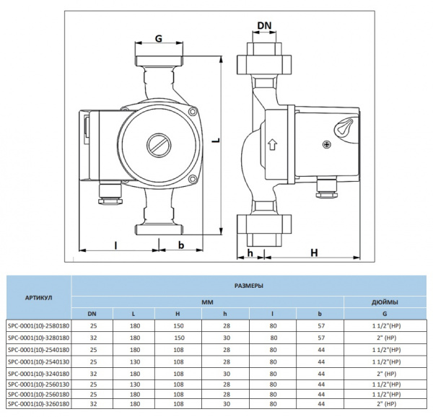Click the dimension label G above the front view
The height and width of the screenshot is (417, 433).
(158, 36)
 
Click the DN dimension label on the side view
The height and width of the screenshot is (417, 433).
(265, 26)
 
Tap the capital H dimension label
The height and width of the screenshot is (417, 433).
(314, 252)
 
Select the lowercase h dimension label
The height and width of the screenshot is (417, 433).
(250, 252)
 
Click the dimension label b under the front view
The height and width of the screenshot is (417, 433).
(181, 246)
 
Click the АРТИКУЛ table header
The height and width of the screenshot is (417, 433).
(38, 297)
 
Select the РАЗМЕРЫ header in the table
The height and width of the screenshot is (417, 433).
(249, 286)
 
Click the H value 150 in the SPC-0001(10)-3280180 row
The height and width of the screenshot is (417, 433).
(178, 337)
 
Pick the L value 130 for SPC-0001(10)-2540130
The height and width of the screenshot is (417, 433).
(134, 361)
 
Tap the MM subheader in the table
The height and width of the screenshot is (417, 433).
(208, 302)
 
